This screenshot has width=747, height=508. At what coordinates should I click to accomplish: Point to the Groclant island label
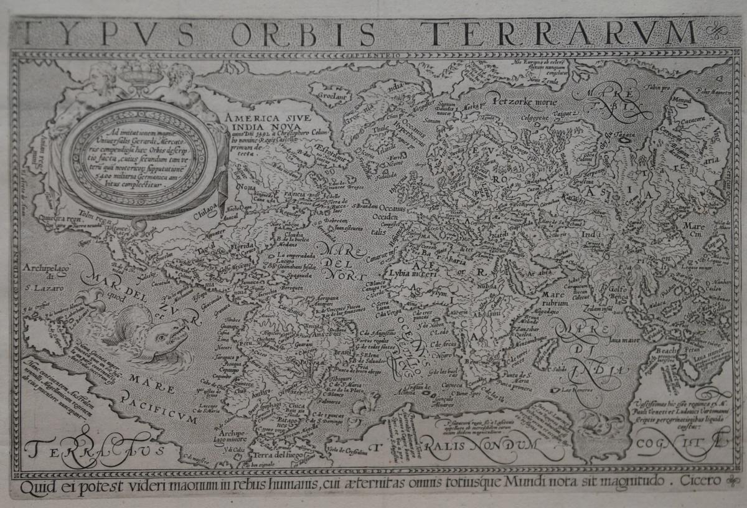(x=331, y=96)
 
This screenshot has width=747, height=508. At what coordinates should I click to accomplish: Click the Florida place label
(x=243, y=247)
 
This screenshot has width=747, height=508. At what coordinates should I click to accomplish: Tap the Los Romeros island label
(x=572, y=390)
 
